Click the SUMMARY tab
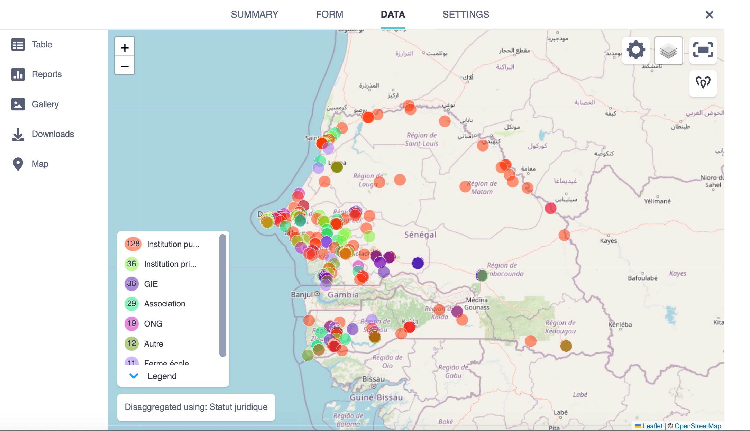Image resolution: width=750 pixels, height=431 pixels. pos(255,15)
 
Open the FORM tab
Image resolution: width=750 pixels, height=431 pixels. pos(329,15)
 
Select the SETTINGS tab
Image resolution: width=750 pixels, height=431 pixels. pos(466,15)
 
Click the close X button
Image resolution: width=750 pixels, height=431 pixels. pos(709,15)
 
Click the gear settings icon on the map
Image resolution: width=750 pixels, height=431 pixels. pos(636,50)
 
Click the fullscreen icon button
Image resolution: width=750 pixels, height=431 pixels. pos(703,50)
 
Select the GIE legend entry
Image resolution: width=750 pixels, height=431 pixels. pos(151,284)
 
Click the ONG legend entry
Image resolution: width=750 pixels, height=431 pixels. pos(153,324)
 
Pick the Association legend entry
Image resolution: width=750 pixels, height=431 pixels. pos(164,304)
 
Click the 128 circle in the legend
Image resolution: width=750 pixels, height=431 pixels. pos(133,244)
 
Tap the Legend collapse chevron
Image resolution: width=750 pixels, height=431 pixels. pos(134,376)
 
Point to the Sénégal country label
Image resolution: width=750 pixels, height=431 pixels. pos(420,235)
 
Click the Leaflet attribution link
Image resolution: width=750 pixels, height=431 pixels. pos(652,426)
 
